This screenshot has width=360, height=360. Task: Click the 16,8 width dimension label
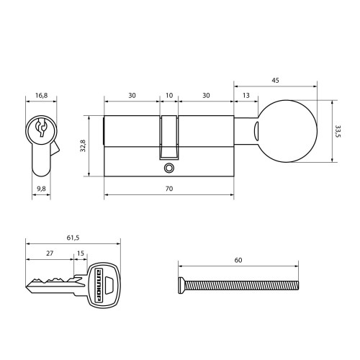42,96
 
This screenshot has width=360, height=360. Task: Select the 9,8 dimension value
41,189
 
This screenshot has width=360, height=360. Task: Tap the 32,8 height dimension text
83,145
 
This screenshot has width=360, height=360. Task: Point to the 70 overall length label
169,189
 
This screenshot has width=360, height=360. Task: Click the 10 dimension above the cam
169,96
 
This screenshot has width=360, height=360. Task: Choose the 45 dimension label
276,81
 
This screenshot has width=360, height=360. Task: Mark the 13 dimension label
246,96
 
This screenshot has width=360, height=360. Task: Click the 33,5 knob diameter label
338,131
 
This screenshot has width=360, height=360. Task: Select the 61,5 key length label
73,238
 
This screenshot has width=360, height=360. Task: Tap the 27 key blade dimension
50,253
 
